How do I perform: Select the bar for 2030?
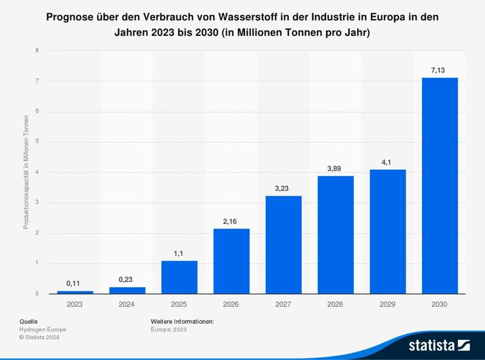440,185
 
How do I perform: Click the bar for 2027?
283,244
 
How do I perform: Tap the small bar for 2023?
75,292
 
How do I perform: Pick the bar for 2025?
179,277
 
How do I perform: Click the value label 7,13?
440,70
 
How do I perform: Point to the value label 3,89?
335,168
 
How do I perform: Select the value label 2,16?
231,221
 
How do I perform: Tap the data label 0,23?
127,279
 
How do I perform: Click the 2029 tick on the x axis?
387,304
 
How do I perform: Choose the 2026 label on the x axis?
231,304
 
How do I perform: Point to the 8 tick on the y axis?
38,50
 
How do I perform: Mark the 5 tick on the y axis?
38,142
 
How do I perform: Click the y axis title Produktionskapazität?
26,173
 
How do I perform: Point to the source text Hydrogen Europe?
43,329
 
